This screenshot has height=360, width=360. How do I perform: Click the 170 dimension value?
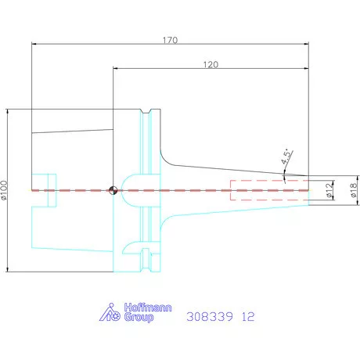pos(171,40)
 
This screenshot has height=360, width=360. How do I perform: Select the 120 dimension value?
pos(211,64)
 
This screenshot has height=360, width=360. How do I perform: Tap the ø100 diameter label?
pos(4,190)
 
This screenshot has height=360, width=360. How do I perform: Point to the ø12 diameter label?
pos(329,190)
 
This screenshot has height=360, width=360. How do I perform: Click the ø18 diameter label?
pos(354,190)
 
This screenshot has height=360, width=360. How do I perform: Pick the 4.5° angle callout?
pos(286,157)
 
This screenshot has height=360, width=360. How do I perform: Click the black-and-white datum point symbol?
pos(113,190)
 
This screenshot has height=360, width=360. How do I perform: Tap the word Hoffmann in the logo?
pos(148,308)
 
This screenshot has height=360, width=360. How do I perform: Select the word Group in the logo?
pos(139,318)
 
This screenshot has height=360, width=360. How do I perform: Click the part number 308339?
pos(210,317)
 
